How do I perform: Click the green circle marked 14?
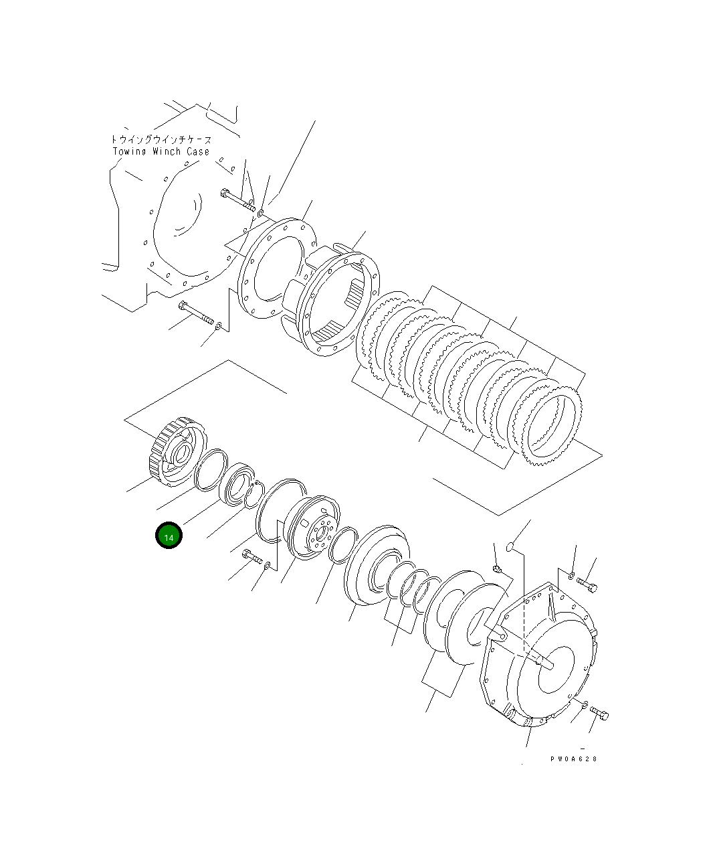pos(168,537)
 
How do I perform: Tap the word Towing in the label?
pos(127,152)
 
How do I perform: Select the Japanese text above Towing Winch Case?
pos(161,140)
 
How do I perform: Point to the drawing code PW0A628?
pos(573,759)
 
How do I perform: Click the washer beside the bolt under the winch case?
pos(219,325)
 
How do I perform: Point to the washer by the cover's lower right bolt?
pos(584,704)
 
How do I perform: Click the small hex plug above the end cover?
pos(497,569)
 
